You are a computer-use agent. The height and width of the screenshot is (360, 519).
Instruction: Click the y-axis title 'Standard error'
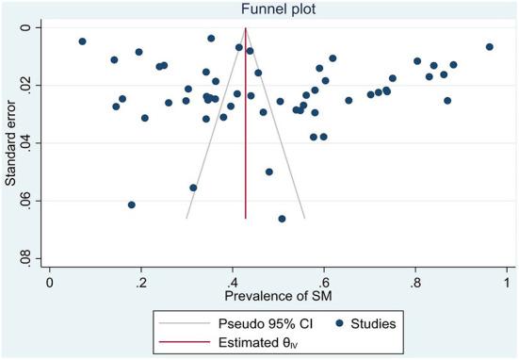point(11,143)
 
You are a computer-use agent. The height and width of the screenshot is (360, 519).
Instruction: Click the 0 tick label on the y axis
point(33,27)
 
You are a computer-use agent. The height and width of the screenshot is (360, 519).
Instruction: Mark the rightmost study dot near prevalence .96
point(490,47)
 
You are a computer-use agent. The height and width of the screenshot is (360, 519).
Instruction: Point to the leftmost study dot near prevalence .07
point(82,41)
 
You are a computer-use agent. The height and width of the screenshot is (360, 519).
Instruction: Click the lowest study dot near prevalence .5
point(282,219)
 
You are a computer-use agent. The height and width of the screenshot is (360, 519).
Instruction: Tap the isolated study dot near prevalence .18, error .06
point(132,205)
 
